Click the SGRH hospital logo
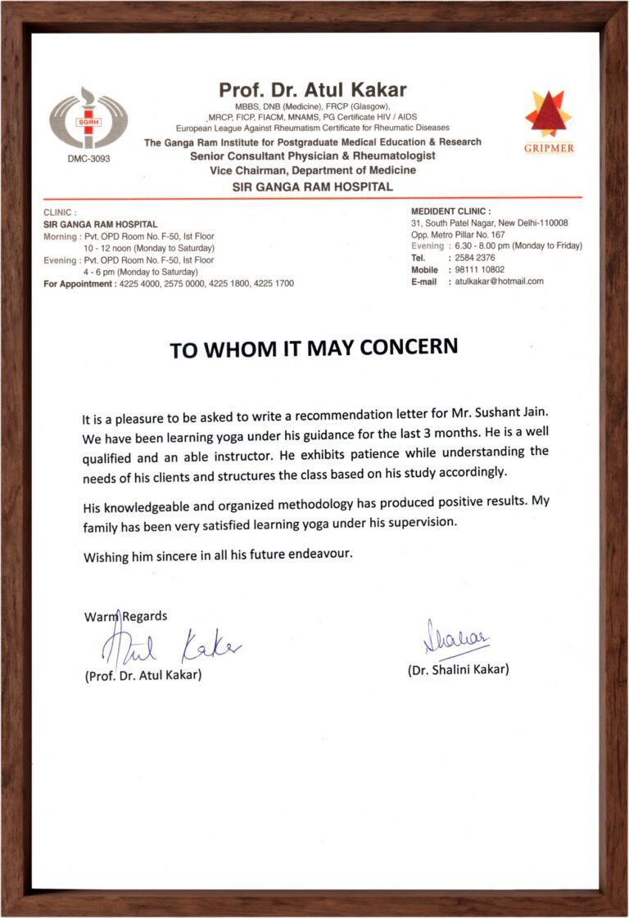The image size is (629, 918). (88, 119)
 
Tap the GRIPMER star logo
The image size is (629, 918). (548, 114)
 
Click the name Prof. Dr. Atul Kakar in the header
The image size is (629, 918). (312, 90)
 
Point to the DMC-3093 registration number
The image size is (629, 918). (88, 159)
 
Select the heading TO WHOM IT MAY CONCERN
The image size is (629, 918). (313, 349)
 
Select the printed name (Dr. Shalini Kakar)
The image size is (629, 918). (458, 669)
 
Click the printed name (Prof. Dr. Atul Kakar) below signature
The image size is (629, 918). (143, 676)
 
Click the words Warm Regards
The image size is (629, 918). (125, 616)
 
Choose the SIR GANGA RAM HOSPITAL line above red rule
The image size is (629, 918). (313, 187)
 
